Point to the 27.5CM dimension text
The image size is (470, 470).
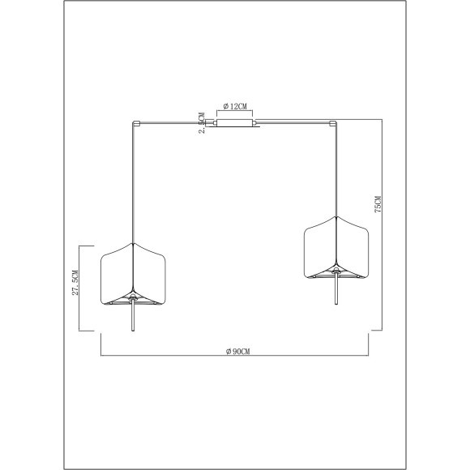click(x=75, y=285)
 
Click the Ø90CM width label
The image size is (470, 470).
click(x=235, y=351)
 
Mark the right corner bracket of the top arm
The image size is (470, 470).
click(x=333, y=123)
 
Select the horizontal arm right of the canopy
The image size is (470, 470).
click(x=296, y=123)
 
